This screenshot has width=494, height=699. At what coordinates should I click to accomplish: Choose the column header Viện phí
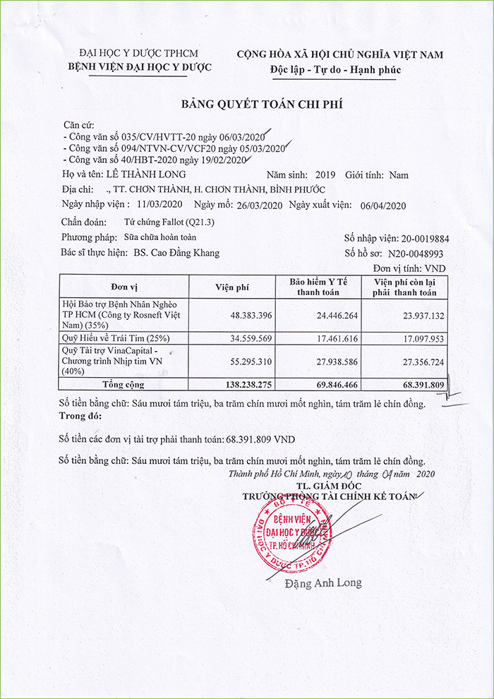point(232,286)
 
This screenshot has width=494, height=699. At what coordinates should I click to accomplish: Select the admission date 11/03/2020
point(161,205)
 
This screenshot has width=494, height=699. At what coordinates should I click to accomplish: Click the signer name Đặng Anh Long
point(323,583)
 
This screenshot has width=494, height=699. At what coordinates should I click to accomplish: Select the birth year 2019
point(327,174)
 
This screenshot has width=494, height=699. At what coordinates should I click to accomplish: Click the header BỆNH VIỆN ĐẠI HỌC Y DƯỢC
point(139,68)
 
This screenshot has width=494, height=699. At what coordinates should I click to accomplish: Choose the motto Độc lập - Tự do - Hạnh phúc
point(335,70)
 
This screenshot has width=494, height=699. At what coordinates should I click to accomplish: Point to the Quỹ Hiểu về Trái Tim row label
point(116,339)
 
